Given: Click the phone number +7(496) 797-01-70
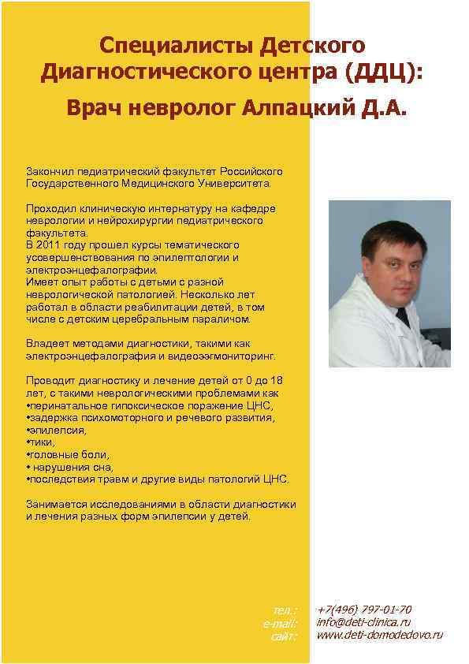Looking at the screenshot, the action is tap(364, 610).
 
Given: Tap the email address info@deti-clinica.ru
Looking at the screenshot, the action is tap(363, 622).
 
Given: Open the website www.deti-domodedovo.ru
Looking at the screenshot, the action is tap(379, 635).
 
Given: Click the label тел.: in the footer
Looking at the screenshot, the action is tap(285, 610).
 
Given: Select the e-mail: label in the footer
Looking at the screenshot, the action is tap(281, 623).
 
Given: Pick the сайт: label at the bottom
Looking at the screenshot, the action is tap(284, 636).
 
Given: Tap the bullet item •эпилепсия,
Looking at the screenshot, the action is tap(56, 430).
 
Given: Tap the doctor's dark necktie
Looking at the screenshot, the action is tap(403, 317).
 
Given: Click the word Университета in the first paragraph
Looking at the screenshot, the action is tap(234, 184).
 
